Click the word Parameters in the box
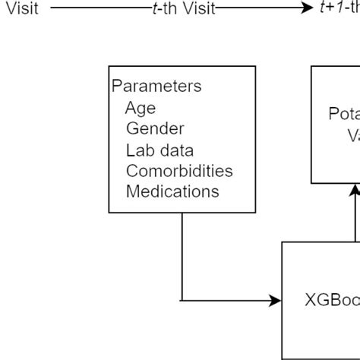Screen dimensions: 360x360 156,86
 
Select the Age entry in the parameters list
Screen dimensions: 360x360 141,107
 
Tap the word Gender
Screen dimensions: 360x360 155,128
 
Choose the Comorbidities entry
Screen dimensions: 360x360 179,171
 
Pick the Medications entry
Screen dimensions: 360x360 172,191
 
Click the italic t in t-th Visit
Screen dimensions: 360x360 154,9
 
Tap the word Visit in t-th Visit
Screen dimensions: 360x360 197,9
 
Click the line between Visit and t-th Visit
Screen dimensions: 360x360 99,9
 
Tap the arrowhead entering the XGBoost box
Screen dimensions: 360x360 276,301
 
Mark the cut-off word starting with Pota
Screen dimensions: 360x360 344,114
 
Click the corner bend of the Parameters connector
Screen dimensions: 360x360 182,301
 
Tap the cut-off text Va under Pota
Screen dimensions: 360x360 353,135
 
